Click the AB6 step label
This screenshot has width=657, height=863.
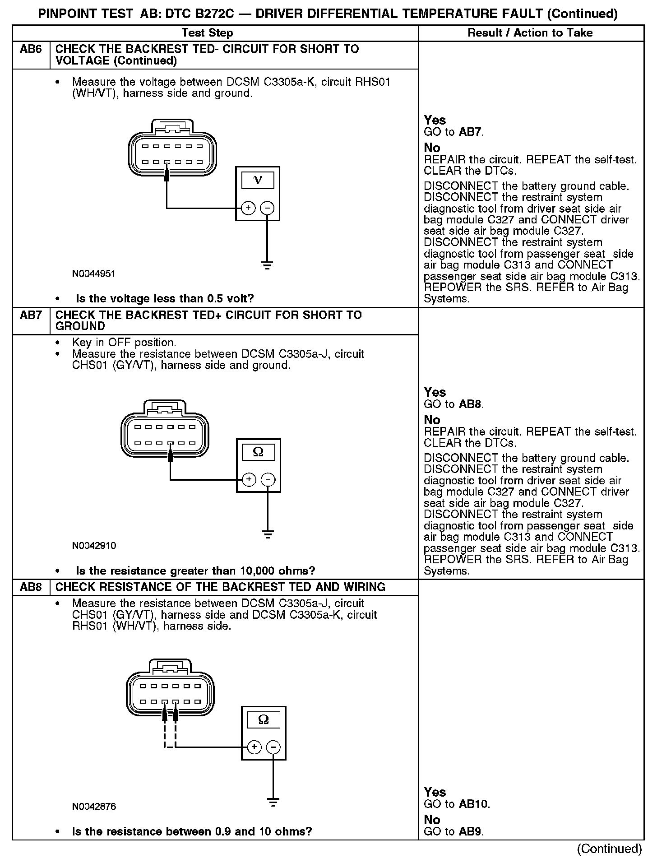click(x=31, y=49)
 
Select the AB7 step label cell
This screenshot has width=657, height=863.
click(x=31, y=315)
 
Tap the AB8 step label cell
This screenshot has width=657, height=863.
click(x=31, y=587)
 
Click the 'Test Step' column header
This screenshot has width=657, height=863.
click(x=207, y=33)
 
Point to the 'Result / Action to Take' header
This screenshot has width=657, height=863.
click(x=530, y=33)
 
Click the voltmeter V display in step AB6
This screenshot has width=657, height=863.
click(x=258, y=180)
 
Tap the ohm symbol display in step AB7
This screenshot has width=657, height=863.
click(x=258, y=452)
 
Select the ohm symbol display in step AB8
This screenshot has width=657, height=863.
click(x=264, y=719)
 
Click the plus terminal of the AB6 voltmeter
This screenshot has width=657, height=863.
click(x=248, y=208)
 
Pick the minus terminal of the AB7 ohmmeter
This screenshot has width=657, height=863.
click(x=268, y=479)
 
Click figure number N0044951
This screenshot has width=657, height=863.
click(x=94, y=274)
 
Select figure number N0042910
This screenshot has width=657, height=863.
click(x=94, y=545)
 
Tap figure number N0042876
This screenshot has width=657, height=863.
click(x=94, y=807)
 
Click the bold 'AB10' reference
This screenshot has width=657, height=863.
click(x=474, y=804)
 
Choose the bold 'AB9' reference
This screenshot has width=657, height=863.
click(x=471, y=831)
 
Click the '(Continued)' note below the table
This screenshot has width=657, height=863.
click(x=609, y=849)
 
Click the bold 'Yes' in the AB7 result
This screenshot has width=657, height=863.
click(x=435, y=392)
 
